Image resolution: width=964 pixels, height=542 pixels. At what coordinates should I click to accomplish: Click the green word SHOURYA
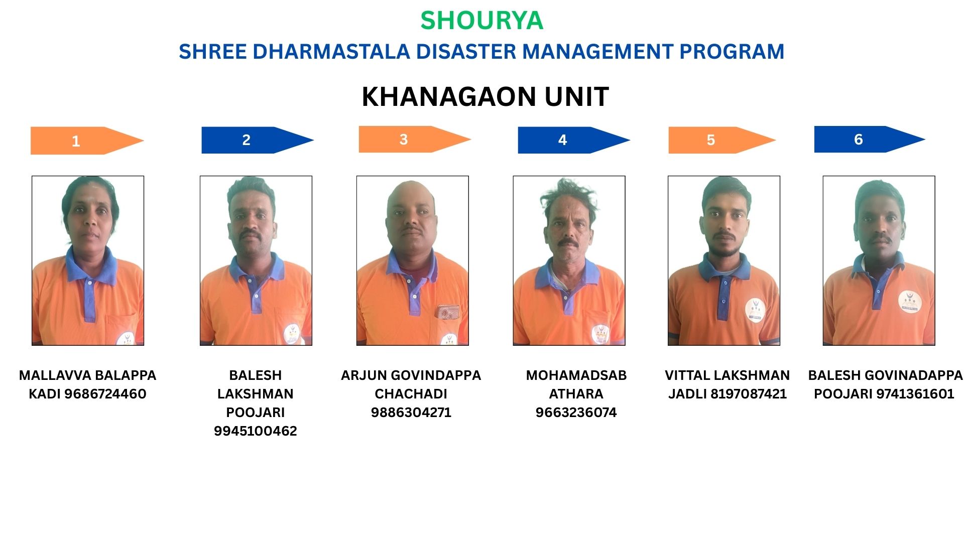(481, 21)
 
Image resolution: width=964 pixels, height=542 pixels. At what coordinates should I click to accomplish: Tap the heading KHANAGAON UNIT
(485, 96)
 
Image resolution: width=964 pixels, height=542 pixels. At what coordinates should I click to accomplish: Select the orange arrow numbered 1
(87, 141)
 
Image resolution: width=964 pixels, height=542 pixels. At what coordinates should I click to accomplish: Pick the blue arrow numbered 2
(258, 140)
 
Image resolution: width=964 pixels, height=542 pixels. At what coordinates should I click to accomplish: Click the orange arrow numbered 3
(415, 139)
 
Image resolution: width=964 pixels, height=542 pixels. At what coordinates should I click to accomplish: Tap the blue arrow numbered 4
(574, 140)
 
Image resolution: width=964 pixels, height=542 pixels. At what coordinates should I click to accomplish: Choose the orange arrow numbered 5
(722, 140)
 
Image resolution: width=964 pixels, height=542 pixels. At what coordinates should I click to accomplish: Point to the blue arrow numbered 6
(870, 139)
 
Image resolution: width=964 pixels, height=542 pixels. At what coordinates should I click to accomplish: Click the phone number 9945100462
(256, 431)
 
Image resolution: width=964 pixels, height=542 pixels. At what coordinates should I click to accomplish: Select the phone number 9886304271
(411, 413)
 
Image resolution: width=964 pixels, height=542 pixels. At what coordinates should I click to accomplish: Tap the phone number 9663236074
(576, 413)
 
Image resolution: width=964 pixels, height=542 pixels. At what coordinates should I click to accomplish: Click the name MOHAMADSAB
(576, 375)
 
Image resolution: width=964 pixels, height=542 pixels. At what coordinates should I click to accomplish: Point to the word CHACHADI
(411, 394)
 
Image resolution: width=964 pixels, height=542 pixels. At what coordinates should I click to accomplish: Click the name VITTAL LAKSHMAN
(728, 375)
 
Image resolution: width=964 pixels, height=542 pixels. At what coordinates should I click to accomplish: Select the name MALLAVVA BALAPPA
(88, 375)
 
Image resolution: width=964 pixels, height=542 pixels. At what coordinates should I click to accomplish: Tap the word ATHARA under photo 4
(576, 394)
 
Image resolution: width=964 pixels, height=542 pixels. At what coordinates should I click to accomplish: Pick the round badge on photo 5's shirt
(755, 310)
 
